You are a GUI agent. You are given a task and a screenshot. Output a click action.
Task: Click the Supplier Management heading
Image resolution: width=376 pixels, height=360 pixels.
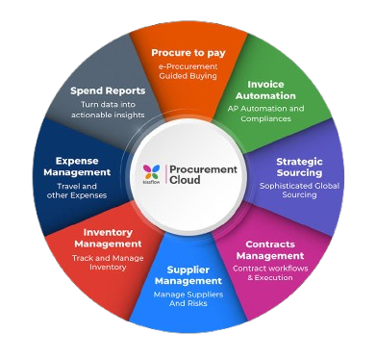pyautogui.click(x=188, y=275)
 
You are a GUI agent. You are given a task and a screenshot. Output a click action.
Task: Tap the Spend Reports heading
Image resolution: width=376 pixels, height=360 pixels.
pyautogui.click(x=107, y=91)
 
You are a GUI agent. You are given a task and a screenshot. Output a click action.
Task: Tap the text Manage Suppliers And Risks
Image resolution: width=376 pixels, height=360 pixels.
pyautogui.click(x=188, y=298)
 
